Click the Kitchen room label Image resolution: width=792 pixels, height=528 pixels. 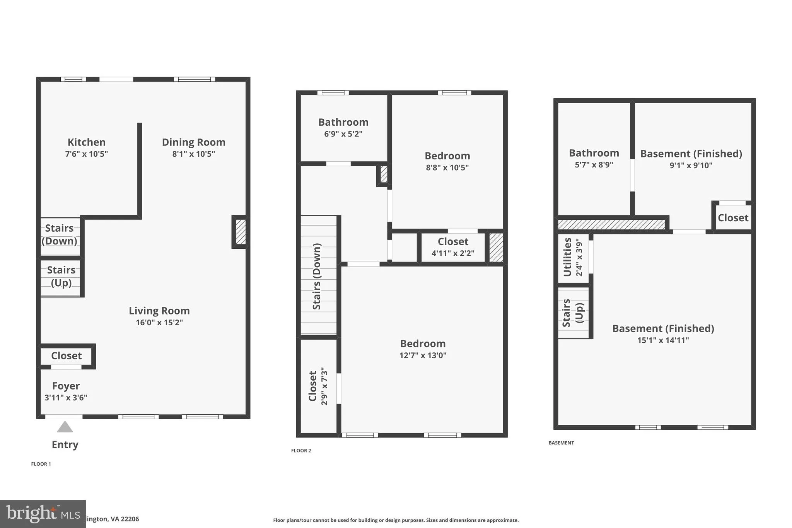(x=86, y=142)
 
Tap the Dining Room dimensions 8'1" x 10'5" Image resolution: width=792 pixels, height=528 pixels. (x=193, y=154)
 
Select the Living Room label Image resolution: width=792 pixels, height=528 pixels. (x=159, y=311)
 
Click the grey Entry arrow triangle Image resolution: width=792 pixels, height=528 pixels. (x=65, y=427)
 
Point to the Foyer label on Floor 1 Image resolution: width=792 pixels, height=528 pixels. (x=66, y=386)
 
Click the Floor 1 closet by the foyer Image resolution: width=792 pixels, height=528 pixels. (x=67, y=355)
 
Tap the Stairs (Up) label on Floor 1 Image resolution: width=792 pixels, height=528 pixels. (x=61, y=276)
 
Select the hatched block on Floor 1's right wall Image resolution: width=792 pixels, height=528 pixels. (x=241, y=232)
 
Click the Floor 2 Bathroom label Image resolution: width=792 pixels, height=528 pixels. (x=343, y=122)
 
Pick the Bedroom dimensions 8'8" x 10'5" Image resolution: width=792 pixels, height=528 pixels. (x=447, y=167)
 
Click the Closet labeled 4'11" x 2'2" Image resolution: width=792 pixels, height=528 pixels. (x=453, y=247)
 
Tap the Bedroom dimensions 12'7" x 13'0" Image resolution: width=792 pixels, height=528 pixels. (x=423, y=355)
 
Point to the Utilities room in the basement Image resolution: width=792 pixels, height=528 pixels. (x=572, y=257)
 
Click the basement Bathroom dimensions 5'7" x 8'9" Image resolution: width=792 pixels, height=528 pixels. (x=594, y=165)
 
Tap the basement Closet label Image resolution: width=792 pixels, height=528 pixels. (x=733, y=218)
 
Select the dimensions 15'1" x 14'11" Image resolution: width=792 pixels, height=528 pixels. (x=663, y=340)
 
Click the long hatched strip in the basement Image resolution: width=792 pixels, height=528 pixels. (x=611, y=224)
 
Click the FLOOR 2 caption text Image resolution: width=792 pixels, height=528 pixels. (x=301, y=450)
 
